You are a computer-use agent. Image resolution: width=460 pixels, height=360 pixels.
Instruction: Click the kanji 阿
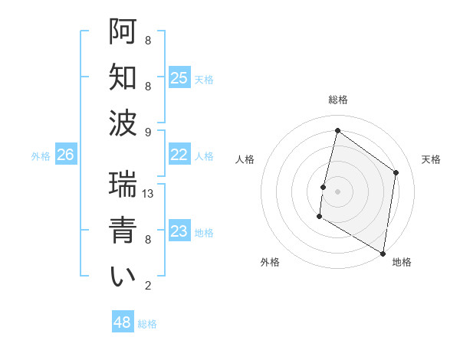point(123,31)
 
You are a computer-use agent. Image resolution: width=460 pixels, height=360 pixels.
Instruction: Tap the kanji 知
point(123,77)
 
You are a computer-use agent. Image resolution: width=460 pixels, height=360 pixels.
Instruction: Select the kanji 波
point(123,123)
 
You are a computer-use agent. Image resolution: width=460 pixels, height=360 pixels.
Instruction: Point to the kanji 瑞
point(123,185)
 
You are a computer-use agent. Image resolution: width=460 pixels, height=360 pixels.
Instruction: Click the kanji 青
point(123,231)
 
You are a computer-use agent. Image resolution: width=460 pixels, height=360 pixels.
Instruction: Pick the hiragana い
point(123,277)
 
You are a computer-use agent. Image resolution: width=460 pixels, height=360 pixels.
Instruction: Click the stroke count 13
point(148,194)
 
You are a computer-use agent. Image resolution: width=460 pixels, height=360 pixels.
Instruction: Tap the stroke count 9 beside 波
point(148,133)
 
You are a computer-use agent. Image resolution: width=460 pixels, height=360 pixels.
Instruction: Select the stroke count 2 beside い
point(148,286)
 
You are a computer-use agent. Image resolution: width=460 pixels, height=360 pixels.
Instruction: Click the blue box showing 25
point(179,78)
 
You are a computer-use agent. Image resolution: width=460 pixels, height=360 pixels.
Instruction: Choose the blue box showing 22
point(179,155)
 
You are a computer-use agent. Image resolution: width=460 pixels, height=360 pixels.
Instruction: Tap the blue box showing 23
point(179,231)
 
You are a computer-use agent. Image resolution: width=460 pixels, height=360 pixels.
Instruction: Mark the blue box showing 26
point(65,155)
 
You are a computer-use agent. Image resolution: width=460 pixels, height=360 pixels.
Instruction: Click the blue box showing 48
point(123,322)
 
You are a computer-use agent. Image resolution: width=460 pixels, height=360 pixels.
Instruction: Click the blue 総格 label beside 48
point(147,324)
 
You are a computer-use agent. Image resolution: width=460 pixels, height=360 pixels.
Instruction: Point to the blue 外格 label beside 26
point(41,156)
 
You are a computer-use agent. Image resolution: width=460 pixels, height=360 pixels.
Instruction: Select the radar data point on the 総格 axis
point(337,131)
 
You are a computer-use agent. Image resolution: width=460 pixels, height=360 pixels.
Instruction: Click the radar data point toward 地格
point(383,253)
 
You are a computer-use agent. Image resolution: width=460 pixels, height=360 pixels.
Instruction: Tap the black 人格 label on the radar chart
point(245,159)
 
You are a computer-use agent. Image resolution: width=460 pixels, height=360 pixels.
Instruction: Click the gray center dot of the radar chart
point(337,191)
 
